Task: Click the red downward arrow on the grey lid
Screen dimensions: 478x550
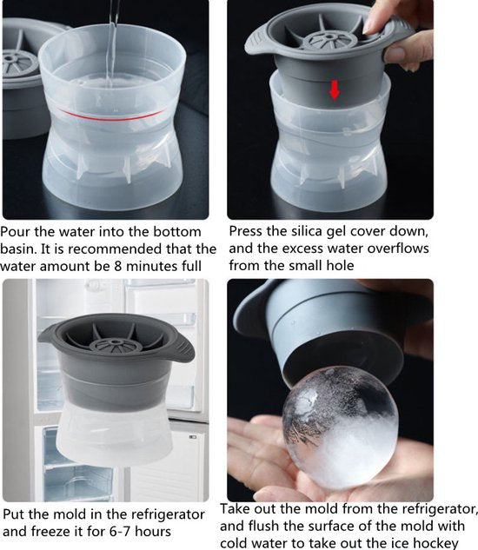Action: pyautogui.click(x=334, y=89)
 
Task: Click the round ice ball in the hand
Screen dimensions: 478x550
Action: pyautogui.click(x=341, y=428)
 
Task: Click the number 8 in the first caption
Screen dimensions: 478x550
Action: pyautogui.click(x=118, y=266)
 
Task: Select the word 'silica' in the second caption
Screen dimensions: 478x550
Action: pyautogui.click(x=308, y=231)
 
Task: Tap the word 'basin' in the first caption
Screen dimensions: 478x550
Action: pyautogui.click(x=17, y=249)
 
